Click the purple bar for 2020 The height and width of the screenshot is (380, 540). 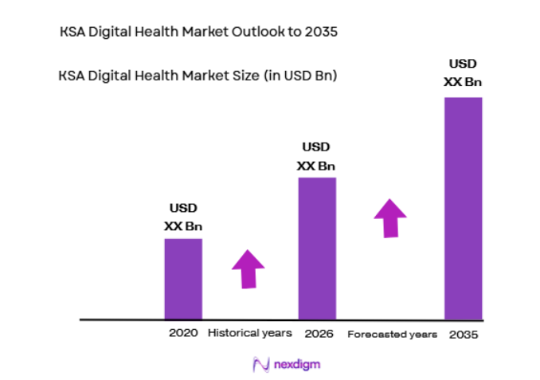(183, 279)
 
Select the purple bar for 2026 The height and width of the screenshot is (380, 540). (317, 248)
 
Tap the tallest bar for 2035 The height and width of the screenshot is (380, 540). (464, 208)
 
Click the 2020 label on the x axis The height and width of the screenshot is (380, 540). (182, 333)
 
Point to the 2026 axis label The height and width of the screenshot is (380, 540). (318, 333)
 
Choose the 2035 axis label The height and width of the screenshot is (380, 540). (464, 335)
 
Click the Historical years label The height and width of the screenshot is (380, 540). (250, 333)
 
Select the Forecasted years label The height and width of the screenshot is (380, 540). (392, 335)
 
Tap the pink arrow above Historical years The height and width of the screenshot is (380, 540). (248, 269)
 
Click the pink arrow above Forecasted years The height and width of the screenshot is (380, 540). (390, 217)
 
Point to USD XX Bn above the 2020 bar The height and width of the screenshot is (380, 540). (183, 217)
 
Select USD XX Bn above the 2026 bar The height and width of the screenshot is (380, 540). (316, 156)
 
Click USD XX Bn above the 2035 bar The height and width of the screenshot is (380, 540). (463, 72)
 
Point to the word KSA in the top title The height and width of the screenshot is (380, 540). (72, 33)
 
